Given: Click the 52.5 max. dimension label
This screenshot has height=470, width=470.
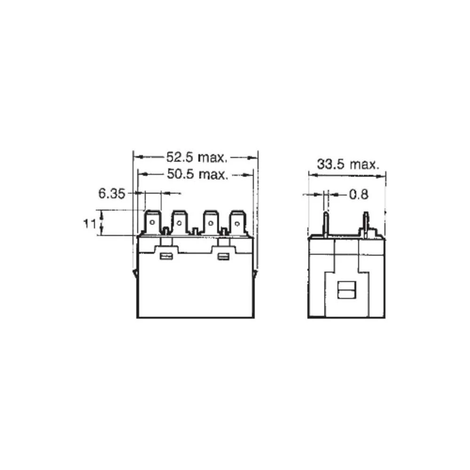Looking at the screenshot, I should pos(197,157).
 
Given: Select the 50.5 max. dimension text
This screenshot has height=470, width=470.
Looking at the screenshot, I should pos(198,175).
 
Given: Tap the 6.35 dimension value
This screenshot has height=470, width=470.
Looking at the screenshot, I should pos(111,193).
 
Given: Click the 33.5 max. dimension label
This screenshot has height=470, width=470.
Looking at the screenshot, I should pos(347,164).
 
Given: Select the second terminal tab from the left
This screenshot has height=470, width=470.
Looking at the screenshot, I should pos(180,223).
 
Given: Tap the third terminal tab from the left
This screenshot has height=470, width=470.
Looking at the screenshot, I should pos(211,223).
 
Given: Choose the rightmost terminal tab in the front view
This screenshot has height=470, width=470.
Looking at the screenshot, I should pos(237,223).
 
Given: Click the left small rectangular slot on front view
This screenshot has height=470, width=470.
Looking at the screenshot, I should pos(165,256).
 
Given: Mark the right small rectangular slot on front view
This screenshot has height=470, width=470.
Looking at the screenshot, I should pos(223,256).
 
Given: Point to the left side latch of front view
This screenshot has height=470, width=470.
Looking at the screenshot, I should pos(135,274).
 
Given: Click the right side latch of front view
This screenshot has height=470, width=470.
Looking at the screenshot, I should pos(256,273).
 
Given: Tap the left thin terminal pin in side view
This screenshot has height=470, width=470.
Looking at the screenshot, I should pos(324,224).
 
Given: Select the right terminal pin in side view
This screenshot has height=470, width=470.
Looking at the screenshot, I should pos(366,224).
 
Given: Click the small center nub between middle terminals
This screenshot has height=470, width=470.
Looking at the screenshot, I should pos(195,231).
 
